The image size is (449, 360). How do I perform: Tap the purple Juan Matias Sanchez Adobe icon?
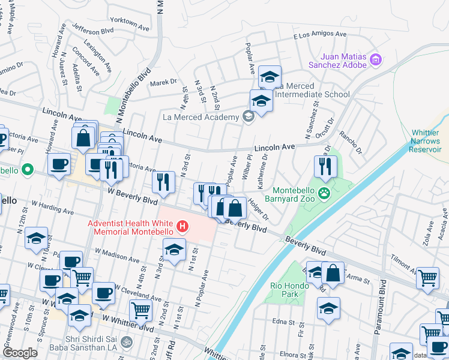click(x=376, y=59)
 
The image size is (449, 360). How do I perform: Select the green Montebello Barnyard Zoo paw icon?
click(x=325, y=193)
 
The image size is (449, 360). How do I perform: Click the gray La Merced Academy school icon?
click(x=247, y=117)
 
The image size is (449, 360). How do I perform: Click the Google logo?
click(x=20, y=352)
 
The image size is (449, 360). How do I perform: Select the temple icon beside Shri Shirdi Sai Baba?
click(x=125, y=342)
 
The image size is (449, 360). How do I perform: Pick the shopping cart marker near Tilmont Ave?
click(x=427, y=277)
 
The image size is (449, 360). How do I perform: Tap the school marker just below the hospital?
click(x=175, y=250)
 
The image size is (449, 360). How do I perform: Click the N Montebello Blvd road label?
click(x=138, y=87)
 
